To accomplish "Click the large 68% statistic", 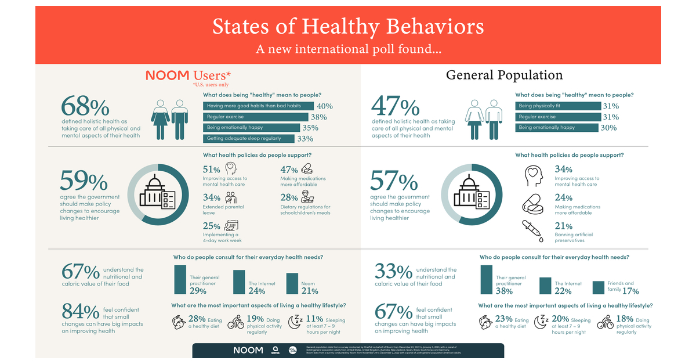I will tap(85, 107).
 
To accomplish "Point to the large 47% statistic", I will tap(396, 107).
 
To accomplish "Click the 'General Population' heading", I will tap(504, 75).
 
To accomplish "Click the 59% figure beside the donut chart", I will tap(84, 182).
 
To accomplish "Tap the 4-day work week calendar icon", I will tap(231, 226).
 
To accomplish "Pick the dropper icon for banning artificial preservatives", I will tap(532, 230).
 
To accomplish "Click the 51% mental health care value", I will tap(212, 170).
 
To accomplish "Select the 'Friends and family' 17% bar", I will tap(599, 287).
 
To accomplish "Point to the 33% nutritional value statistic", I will tap(393, 272).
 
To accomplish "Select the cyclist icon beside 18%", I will tap(604, 322).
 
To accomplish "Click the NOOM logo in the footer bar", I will tap(248, 350).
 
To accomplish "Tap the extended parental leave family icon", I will tap(230, 197).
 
